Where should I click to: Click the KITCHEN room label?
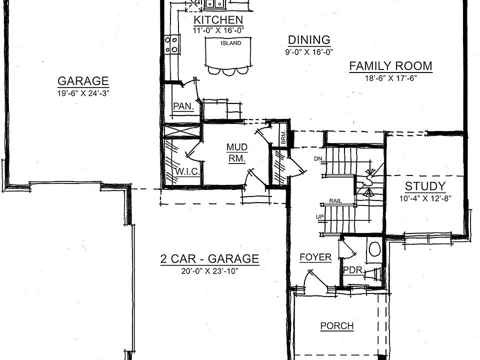[218, 20]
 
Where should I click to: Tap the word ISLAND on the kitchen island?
[230, 43]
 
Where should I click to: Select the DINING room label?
[309, 40]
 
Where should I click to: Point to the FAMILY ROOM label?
[390, 66]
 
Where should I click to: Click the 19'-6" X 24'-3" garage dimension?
[83, 92]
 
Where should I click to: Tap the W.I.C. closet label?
[188, 172]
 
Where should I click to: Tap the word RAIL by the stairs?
[335, 201]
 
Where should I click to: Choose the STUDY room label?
[425, 187]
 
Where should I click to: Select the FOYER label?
[315, 257]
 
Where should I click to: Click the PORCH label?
[336, 326]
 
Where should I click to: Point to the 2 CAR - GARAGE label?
[209, 259]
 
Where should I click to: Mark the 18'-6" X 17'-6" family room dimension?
[390, 78]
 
